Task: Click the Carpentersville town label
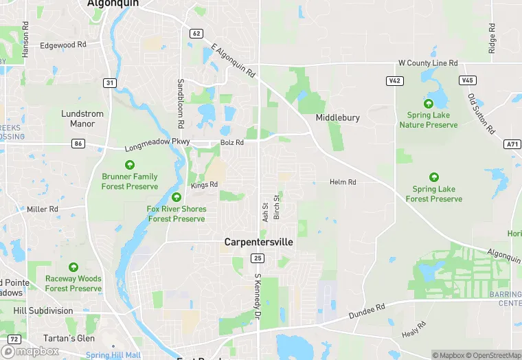[x=258, y=243]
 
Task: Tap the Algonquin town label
[x=113, y=3]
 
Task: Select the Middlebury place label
[x=337, y=117]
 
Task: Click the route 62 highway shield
[x=196, y=33]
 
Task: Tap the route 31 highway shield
[x=109, y=82]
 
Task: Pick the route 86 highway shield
[x=78, y=144]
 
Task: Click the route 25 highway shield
[x=258, y=258]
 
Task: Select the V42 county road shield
[x=394, y=80]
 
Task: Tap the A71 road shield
[x=512, y=144]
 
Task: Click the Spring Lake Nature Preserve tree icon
[x=429, y=104]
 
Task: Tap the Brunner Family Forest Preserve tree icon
[x=129, y=165]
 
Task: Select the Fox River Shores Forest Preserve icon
[x=177, y=197]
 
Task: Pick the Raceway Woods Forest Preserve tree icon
[x=73, y=267]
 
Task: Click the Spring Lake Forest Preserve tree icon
[x=433, y=177]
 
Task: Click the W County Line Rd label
[x=428, y=63]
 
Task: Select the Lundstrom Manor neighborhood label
[x=82, y=119]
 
